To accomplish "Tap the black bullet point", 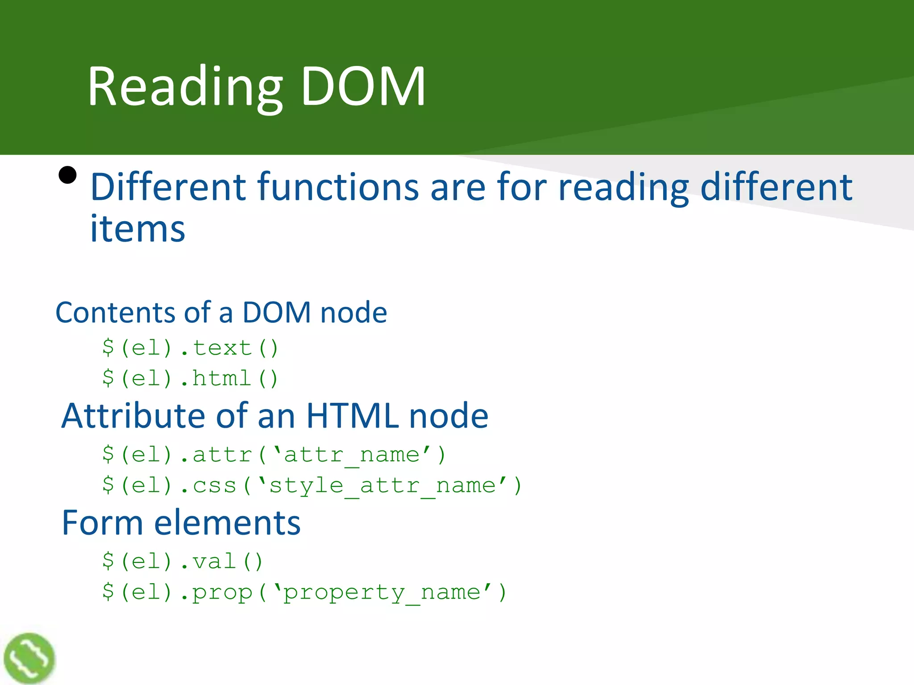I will [x=68, y=175].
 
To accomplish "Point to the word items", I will [x=137, y=229].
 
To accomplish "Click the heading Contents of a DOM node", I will [x=221, y=312].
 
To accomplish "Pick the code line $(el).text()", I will [x=190, y=348].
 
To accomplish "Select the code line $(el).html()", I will [x=190, y=379].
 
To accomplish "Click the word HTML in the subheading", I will [x=353, y=416].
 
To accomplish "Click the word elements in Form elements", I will [x=227, y=523].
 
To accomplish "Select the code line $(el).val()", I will [x=183, y=561].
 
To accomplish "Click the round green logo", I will [x=29, y=658].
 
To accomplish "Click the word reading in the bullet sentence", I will [x=623, y=187].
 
